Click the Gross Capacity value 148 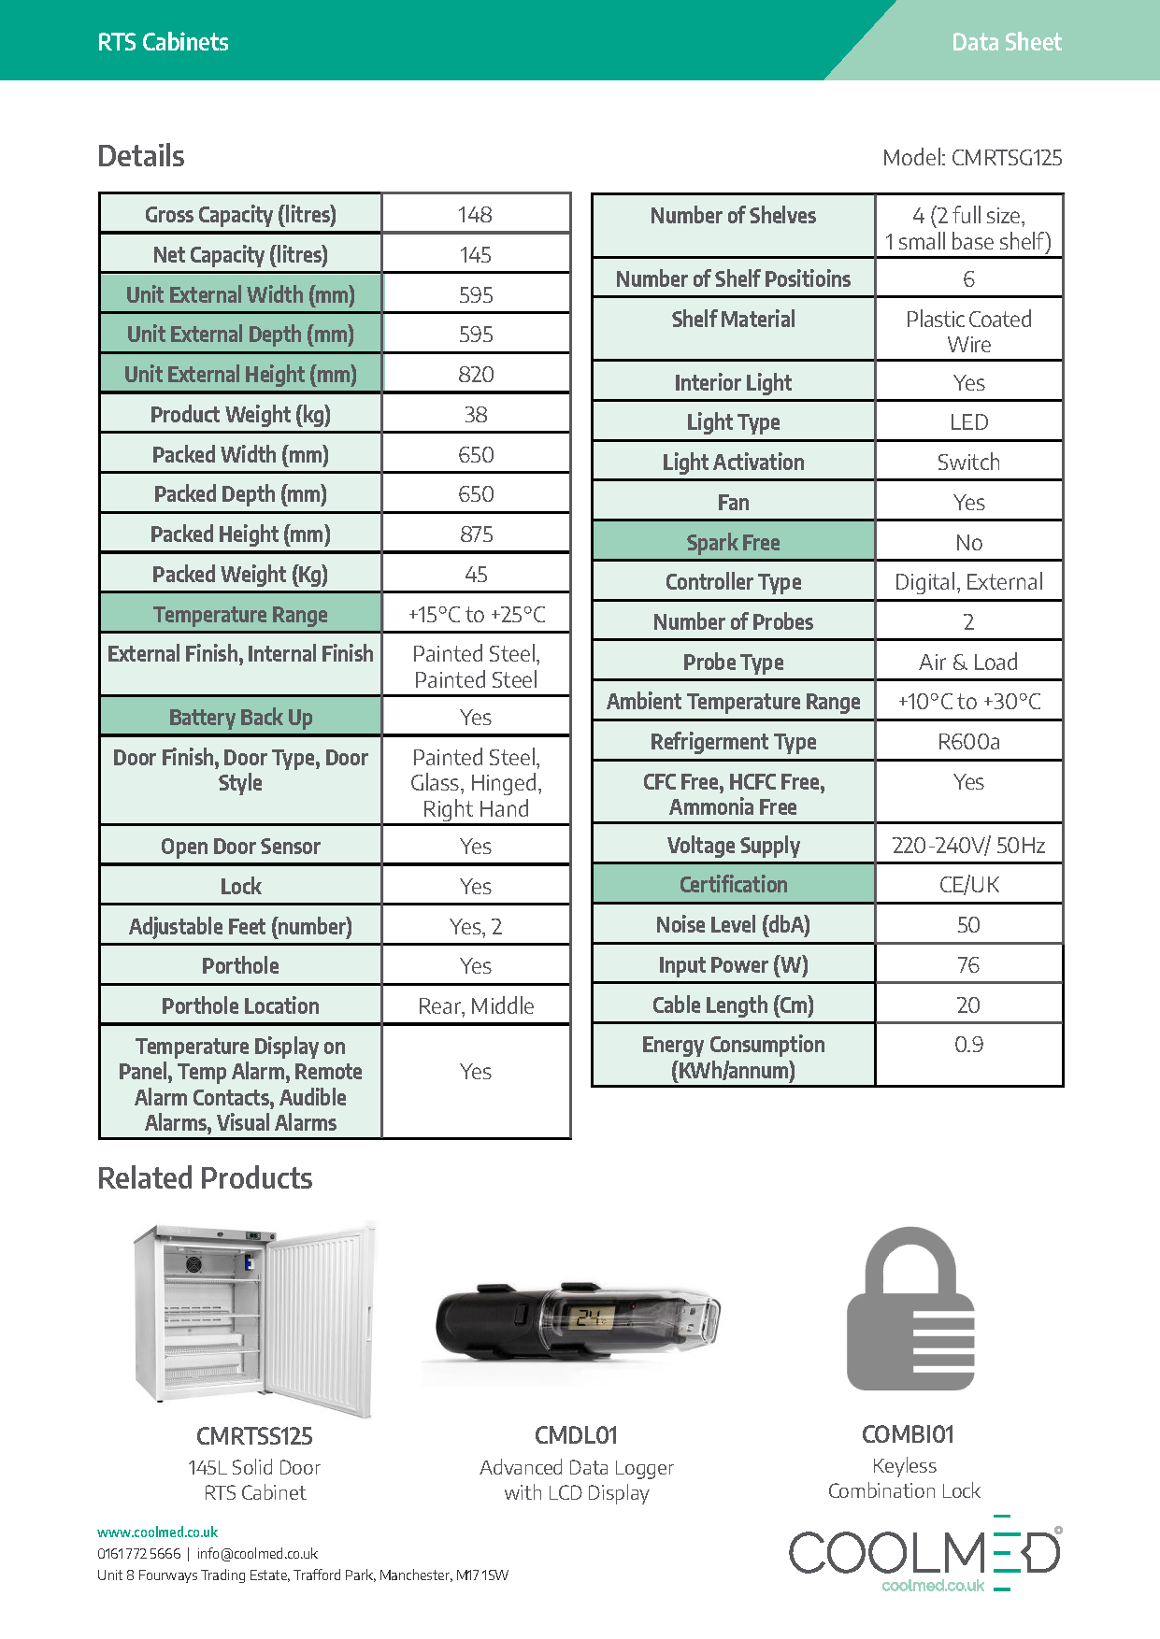point(475,215)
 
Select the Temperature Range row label point(240,615)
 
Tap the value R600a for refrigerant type point(968,742)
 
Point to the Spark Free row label point(733,543)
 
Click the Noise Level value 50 point(968,925)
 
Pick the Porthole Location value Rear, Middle point(476,1006)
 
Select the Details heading point(141,156)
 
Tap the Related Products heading point(205,1178)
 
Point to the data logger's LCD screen point(592,1318)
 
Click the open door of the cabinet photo point(322,1318)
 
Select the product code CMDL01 point(576,1435)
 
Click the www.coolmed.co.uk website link point(158,1532)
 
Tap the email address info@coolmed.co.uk point(257,1554)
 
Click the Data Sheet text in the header point(1006,42)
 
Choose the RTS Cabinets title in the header point(163,42)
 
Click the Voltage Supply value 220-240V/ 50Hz point(968,846)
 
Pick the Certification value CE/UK point(968,885)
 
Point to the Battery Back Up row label point(240,718)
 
